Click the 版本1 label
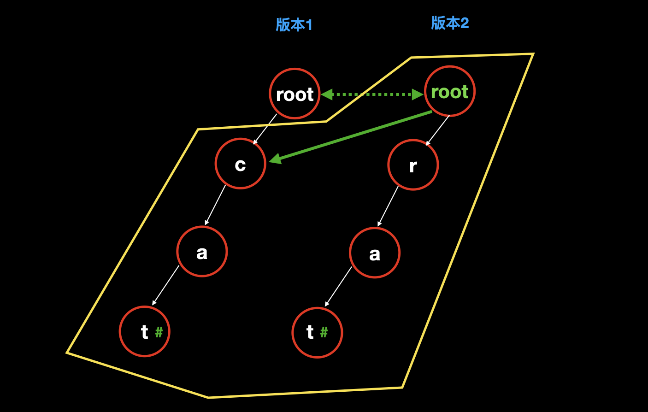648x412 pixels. [294, 25]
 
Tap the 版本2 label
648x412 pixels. [450, 23]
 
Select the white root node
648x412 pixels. [295, 94]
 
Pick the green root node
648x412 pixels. [449, 91]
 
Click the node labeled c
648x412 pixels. [240, 164]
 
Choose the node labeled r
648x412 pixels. [413, 165]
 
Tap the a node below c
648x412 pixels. [202, 252]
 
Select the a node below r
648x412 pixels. [375, 253]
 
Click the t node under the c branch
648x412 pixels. [144, 331]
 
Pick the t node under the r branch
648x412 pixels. [317, 332]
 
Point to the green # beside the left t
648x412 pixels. [159, 332]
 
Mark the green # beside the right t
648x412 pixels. [324, 332]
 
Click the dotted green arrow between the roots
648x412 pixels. [372, 94]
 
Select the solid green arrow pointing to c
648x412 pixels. [350, 136]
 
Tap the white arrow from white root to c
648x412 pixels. [265, 129]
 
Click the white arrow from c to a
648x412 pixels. [215, 205]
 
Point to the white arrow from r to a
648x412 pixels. [388, 206]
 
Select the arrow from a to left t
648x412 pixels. [165, 285]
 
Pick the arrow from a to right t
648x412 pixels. [338, 286]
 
